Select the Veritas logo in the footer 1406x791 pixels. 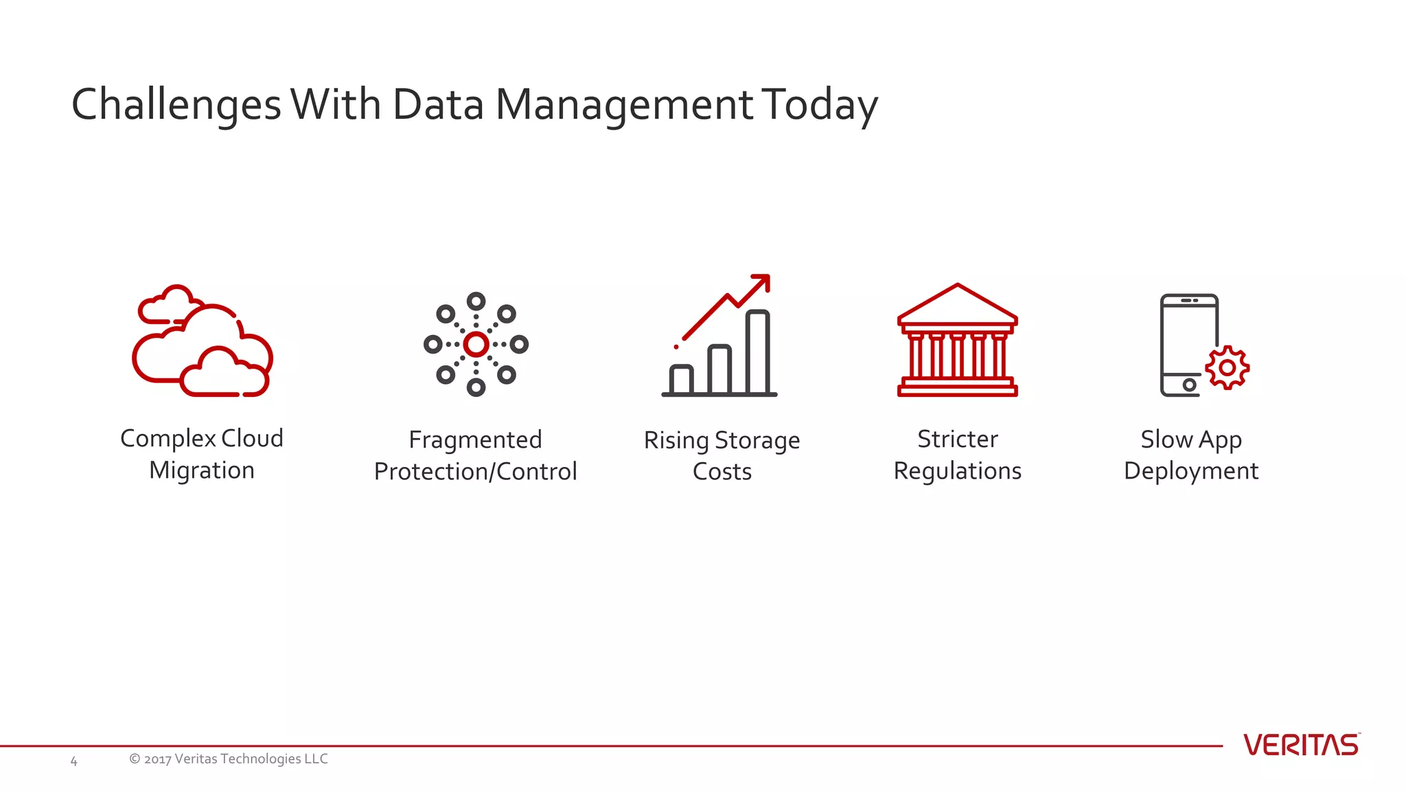click(1300, 745)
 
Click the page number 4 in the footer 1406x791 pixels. click(74, 761)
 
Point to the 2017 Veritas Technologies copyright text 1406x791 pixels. click(229, 759)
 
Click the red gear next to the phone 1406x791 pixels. click(1228, 368)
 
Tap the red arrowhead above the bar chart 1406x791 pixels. click(762, 282)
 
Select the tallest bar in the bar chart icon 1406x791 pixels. click(757, 352)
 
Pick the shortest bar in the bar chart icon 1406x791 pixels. click(681, 380)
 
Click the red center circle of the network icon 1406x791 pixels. click(476, 345)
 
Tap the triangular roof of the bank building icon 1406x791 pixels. click(957, 305)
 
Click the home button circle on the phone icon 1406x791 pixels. click(1189, 385)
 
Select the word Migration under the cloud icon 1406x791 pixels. click(202, 470)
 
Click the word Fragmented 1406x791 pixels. click(475, 439)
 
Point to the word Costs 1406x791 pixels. click(722, 472)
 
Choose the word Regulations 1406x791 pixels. click(957, 471)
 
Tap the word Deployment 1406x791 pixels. click(1190, 471)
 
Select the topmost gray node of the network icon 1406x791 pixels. click(476, 301)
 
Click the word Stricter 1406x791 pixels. click(957, 439)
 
